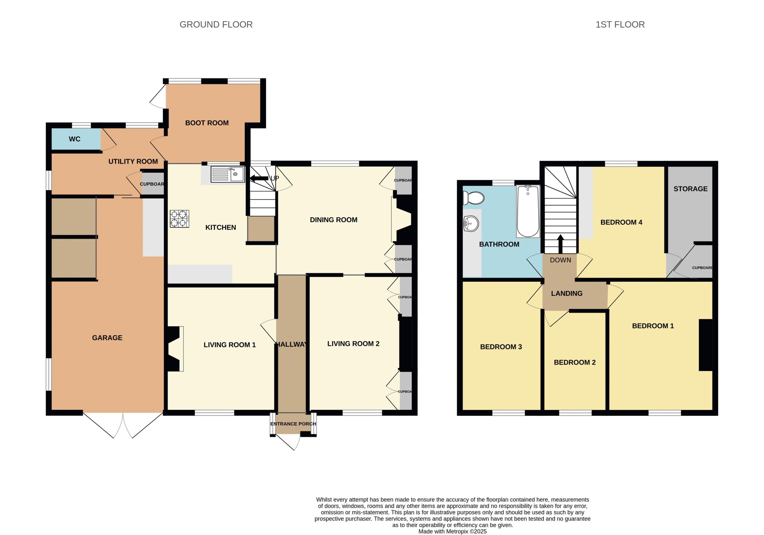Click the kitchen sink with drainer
[x=228, y=174]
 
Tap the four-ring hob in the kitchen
[x=180, y=219]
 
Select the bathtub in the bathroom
[x=528, y=211]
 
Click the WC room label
[x=75, y=139]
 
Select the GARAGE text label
[x=107, y=338]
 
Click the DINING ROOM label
[x=334, y=220]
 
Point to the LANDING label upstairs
[x=567, y=293]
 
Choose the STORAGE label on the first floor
[x=691, y=189]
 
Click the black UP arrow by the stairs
[x=259, y=178]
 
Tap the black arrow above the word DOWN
[x=560, y=244]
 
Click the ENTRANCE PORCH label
[x=293, y=424]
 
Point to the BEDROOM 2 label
[x=575, y=362]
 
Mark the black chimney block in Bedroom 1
[x=706, y=345]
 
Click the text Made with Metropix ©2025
[x=452, y=531]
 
